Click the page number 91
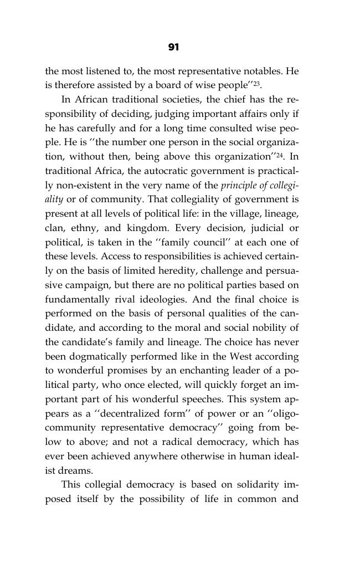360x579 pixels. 173,48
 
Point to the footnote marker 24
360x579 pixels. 282,155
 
